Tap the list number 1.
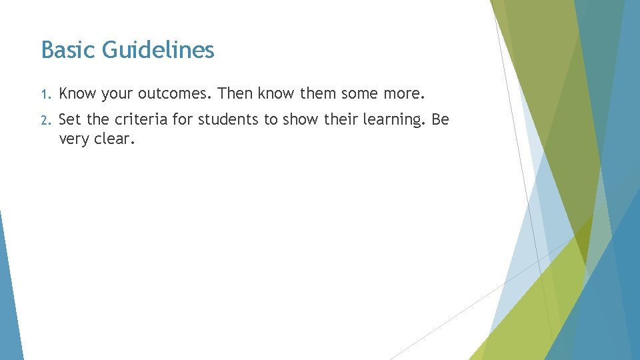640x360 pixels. coord(44,94)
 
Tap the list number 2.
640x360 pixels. coord(45,121)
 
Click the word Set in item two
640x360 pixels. coord(70,120)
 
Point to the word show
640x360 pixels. coord(293,120)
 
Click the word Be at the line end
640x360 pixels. coord(441,120)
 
